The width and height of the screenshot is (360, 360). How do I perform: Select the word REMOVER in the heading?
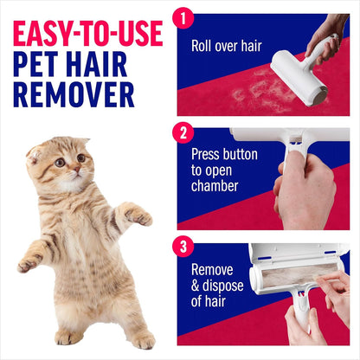(x=74, y=94)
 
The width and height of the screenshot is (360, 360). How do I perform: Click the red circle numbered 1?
(x=183, y=16)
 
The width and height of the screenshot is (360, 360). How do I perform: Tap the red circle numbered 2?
(x=183, y=133)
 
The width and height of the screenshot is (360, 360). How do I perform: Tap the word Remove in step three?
(x=213, y=269)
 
